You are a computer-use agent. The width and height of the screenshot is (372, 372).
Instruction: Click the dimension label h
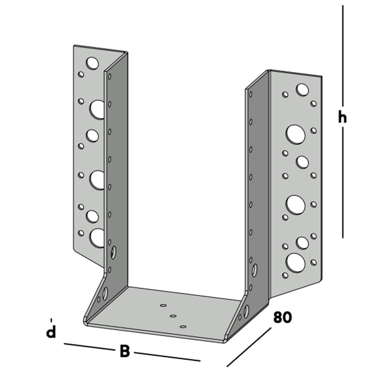342,118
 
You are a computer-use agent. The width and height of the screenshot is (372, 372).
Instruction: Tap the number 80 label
283,317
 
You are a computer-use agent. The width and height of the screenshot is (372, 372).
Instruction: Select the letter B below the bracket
125,351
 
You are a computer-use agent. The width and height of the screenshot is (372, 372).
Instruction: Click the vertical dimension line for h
343,56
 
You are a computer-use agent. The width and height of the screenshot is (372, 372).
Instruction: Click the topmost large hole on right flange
302,90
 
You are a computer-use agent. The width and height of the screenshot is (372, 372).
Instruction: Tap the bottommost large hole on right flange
295,263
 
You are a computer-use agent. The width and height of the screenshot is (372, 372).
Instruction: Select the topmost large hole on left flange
92,63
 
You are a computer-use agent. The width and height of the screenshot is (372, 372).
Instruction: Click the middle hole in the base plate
173,316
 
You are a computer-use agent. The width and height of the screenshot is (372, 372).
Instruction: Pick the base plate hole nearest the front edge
183,327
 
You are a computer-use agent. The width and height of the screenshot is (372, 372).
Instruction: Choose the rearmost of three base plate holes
163,305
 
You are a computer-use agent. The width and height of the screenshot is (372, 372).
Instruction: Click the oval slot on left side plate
113,252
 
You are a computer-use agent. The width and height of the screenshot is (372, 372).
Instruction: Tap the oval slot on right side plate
254,270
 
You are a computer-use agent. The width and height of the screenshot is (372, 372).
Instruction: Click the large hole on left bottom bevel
105,293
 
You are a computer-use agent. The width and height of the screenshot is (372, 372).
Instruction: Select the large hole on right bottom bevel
246,311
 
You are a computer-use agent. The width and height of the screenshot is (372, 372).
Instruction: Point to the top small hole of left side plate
110,77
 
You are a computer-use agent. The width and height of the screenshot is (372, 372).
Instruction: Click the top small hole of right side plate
250,94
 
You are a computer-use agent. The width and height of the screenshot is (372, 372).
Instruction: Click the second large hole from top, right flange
296,134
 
